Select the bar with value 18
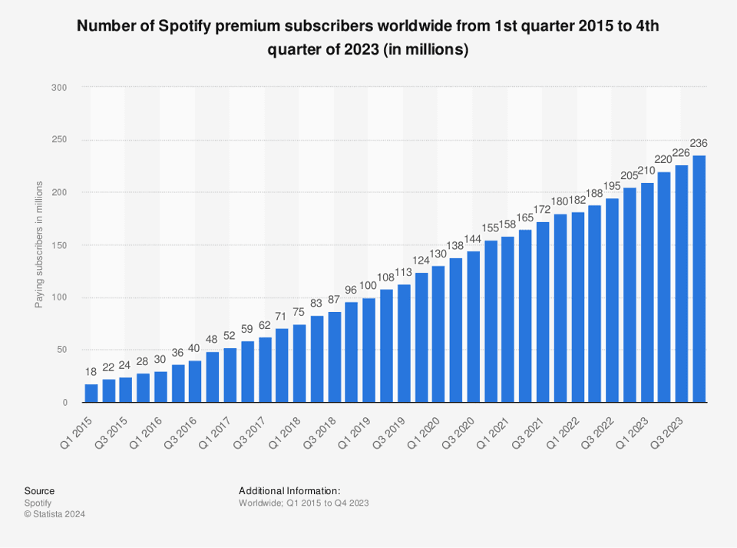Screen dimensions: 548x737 coord(91,393)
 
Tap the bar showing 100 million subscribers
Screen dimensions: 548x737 coord(368,350)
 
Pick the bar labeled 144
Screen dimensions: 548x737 coord(473,327)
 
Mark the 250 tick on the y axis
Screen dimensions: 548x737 coord(59,140)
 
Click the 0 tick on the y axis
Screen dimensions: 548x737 coord(64,402)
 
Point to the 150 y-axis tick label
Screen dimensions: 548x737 coord(59,245)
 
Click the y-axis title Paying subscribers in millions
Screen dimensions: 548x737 coord(38,245)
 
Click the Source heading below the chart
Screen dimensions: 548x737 coord(39,490)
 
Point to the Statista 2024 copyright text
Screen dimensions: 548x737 coord(55,513)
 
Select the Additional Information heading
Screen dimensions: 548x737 coord(289,490)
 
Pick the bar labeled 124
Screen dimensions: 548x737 coord(421,337)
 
